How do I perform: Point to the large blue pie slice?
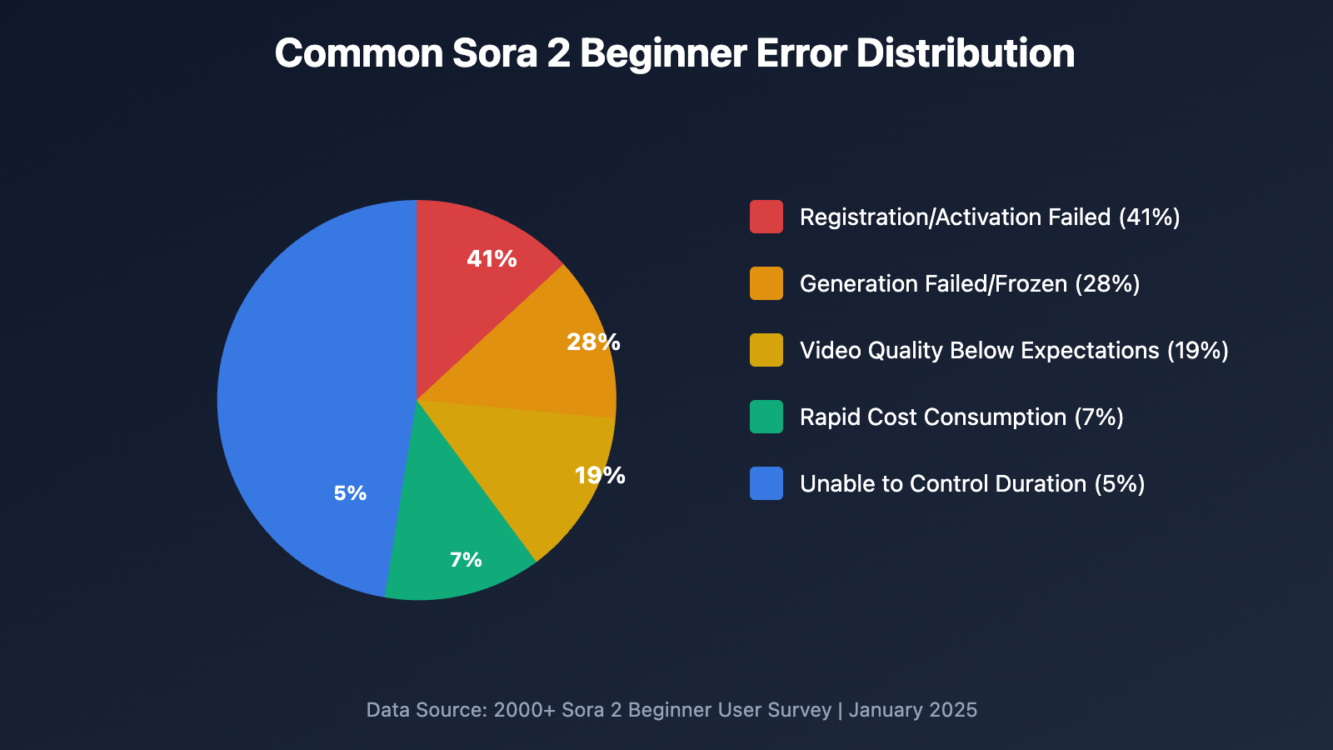308,400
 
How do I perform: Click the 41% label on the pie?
492,259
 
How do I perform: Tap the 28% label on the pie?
593,342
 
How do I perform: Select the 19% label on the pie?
600,476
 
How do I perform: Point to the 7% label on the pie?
466,560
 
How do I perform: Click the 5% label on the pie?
350,493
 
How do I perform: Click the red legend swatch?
766,217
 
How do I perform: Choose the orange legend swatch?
766,283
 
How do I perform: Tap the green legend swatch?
766,417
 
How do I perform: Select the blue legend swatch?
766,483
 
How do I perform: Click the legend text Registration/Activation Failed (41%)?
990,217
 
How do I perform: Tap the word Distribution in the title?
966,53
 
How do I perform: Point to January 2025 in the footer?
913,710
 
